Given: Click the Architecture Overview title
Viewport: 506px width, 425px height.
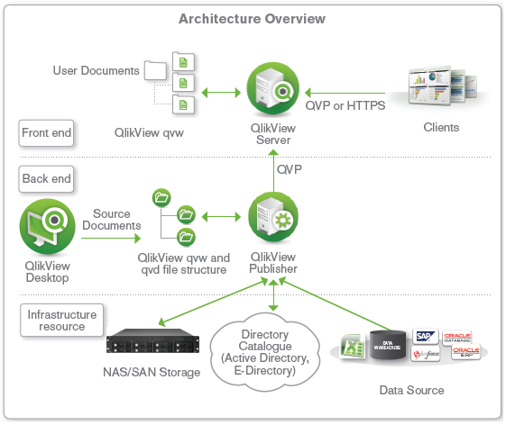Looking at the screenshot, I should coord(252,19).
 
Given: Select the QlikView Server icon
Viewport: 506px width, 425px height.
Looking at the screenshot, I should coord(273,91).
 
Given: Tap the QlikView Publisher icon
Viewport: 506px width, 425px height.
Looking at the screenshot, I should coord(273,219).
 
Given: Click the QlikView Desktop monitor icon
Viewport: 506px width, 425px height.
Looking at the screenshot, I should coord(46,227).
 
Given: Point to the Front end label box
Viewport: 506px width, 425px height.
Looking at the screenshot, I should coord(46,133).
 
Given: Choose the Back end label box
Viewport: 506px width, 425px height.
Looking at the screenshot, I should coord(46,178).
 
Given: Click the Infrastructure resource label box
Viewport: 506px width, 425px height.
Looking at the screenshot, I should coord(62,320).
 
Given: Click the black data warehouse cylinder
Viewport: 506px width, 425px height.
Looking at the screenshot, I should coord(389,346).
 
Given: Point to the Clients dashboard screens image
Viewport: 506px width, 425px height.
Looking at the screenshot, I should coord(440,86).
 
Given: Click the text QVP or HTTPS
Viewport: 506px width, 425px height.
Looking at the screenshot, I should coord(345,105).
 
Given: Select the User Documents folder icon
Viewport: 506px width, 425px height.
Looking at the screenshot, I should coord(155,69).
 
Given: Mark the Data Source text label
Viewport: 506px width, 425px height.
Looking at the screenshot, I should coord(409,390).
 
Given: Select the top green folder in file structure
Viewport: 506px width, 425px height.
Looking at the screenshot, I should coord(161,196).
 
